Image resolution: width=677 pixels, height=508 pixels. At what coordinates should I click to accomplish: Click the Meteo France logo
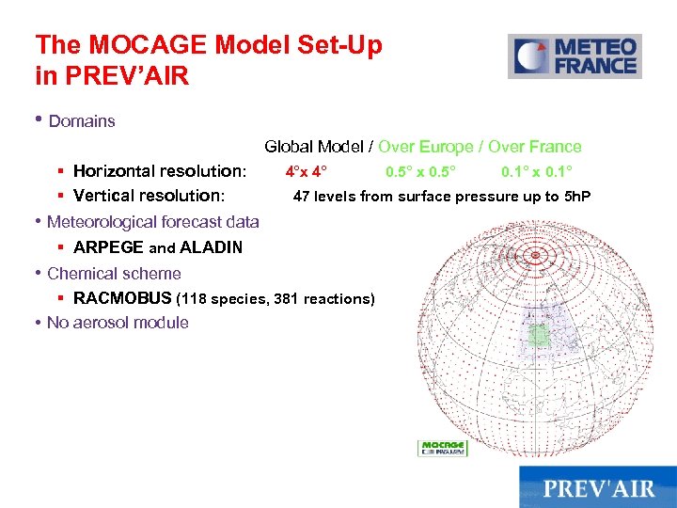point(575,56)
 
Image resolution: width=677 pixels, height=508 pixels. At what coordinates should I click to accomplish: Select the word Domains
point(82,121)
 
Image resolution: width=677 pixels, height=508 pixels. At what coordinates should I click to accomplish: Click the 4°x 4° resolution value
point(307,171)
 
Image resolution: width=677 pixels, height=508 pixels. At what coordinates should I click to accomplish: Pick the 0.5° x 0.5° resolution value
point(420,171)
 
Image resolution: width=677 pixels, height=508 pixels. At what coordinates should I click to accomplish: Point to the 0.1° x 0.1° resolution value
point(537,171)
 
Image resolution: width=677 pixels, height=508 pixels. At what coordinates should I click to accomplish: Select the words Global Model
point(315,147)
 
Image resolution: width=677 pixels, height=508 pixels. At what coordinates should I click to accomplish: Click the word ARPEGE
point(108,247)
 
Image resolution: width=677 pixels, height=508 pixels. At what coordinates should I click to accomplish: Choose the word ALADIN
point(212,247)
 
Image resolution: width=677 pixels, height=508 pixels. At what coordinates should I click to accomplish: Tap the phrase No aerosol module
point(118,323)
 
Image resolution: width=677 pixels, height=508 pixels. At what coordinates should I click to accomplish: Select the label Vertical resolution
point(149,196)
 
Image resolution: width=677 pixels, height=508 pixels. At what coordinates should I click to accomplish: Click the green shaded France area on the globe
point(538,335)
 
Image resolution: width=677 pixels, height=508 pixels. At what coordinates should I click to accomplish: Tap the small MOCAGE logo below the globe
point(442,448)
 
